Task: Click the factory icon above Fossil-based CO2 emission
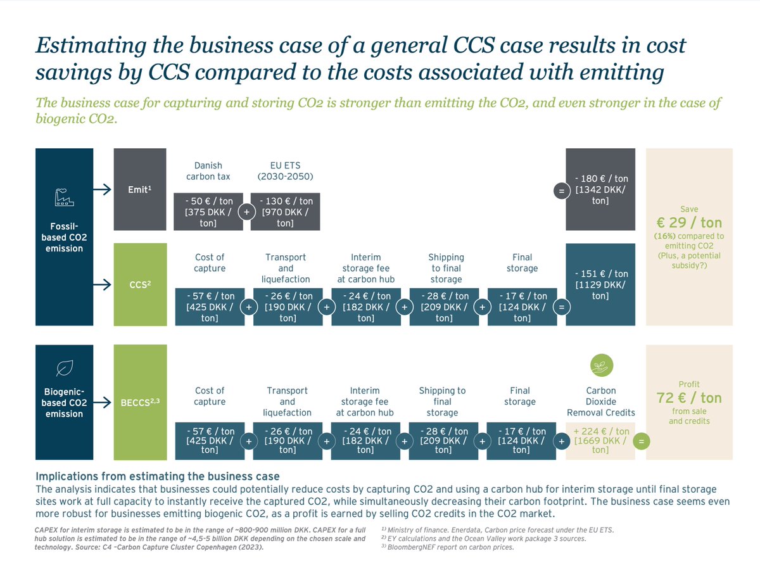(65, 199)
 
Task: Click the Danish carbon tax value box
(208, 212)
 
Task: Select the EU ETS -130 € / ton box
(285, 212)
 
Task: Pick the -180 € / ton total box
(600, 190)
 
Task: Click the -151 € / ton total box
(600, 284)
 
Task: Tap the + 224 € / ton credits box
(600, 440)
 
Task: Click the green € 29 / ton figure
(689, 222)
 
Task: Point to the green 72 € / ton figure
(689, 398)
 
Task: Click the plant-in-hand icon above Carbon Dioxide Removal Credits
(600, 365)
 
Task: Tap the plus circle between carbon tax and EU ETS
(247, 212)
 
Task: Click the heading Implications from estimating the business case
(158, 476)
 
